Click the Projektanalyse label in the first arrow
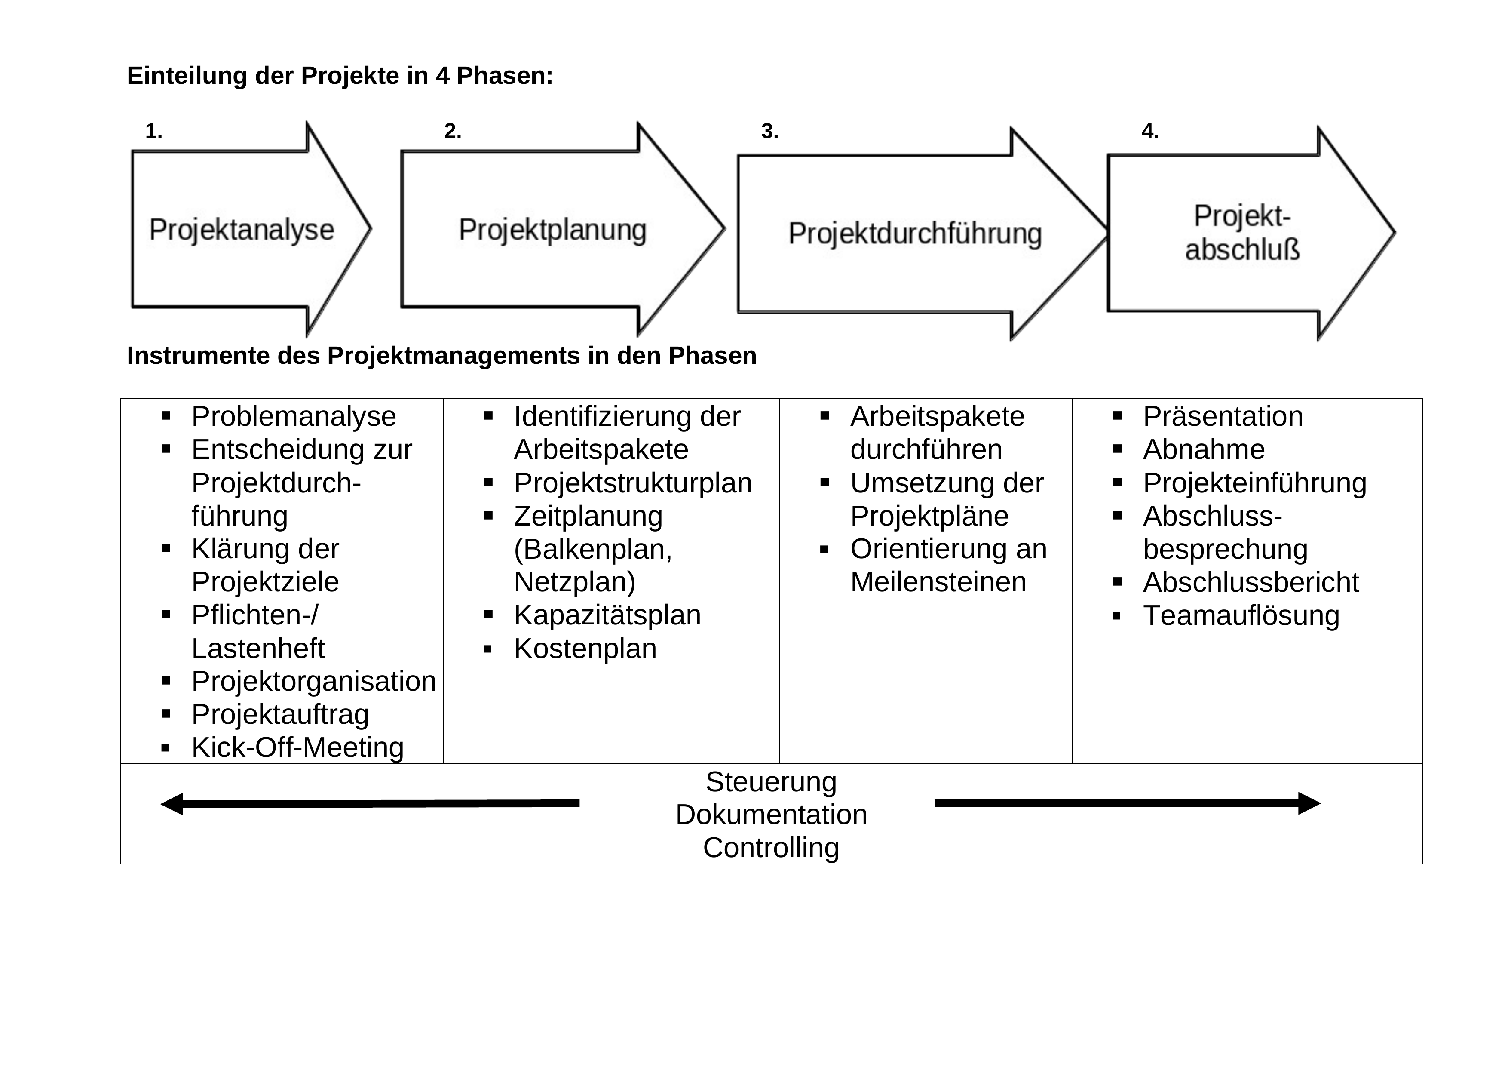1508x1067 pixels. point(241,230)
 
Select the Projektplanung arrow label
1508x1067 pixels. point(552,230)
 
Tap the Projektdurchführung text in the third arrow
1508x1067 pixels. point(915,234)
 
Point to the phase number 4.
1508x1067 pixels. point(1149,132)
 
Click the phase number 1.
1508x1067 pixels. point(153,132)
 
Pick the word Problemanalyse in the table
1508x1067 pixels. point(294,417)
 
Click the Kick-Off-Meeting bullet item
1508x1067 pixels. point(297,748)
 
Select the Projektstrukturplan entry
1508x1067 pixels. point(632,483)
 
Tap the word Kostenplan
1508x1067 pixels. point(585,649)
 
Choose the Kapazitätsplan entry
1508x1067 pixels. point(607,615)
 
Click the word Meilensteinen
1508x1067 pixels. point(938,582)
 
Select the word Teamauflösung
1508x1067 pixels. point(1241,615)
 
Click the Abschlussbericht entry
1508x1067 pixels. point(1251,582)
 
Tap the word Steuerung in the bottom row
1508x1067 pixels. point(771,782)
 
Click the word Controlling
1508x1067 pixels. point(771,848)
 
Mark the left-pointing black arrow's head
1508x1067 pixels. point(172,803)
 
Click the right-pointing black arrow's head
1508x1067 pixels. point(1309,803)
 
